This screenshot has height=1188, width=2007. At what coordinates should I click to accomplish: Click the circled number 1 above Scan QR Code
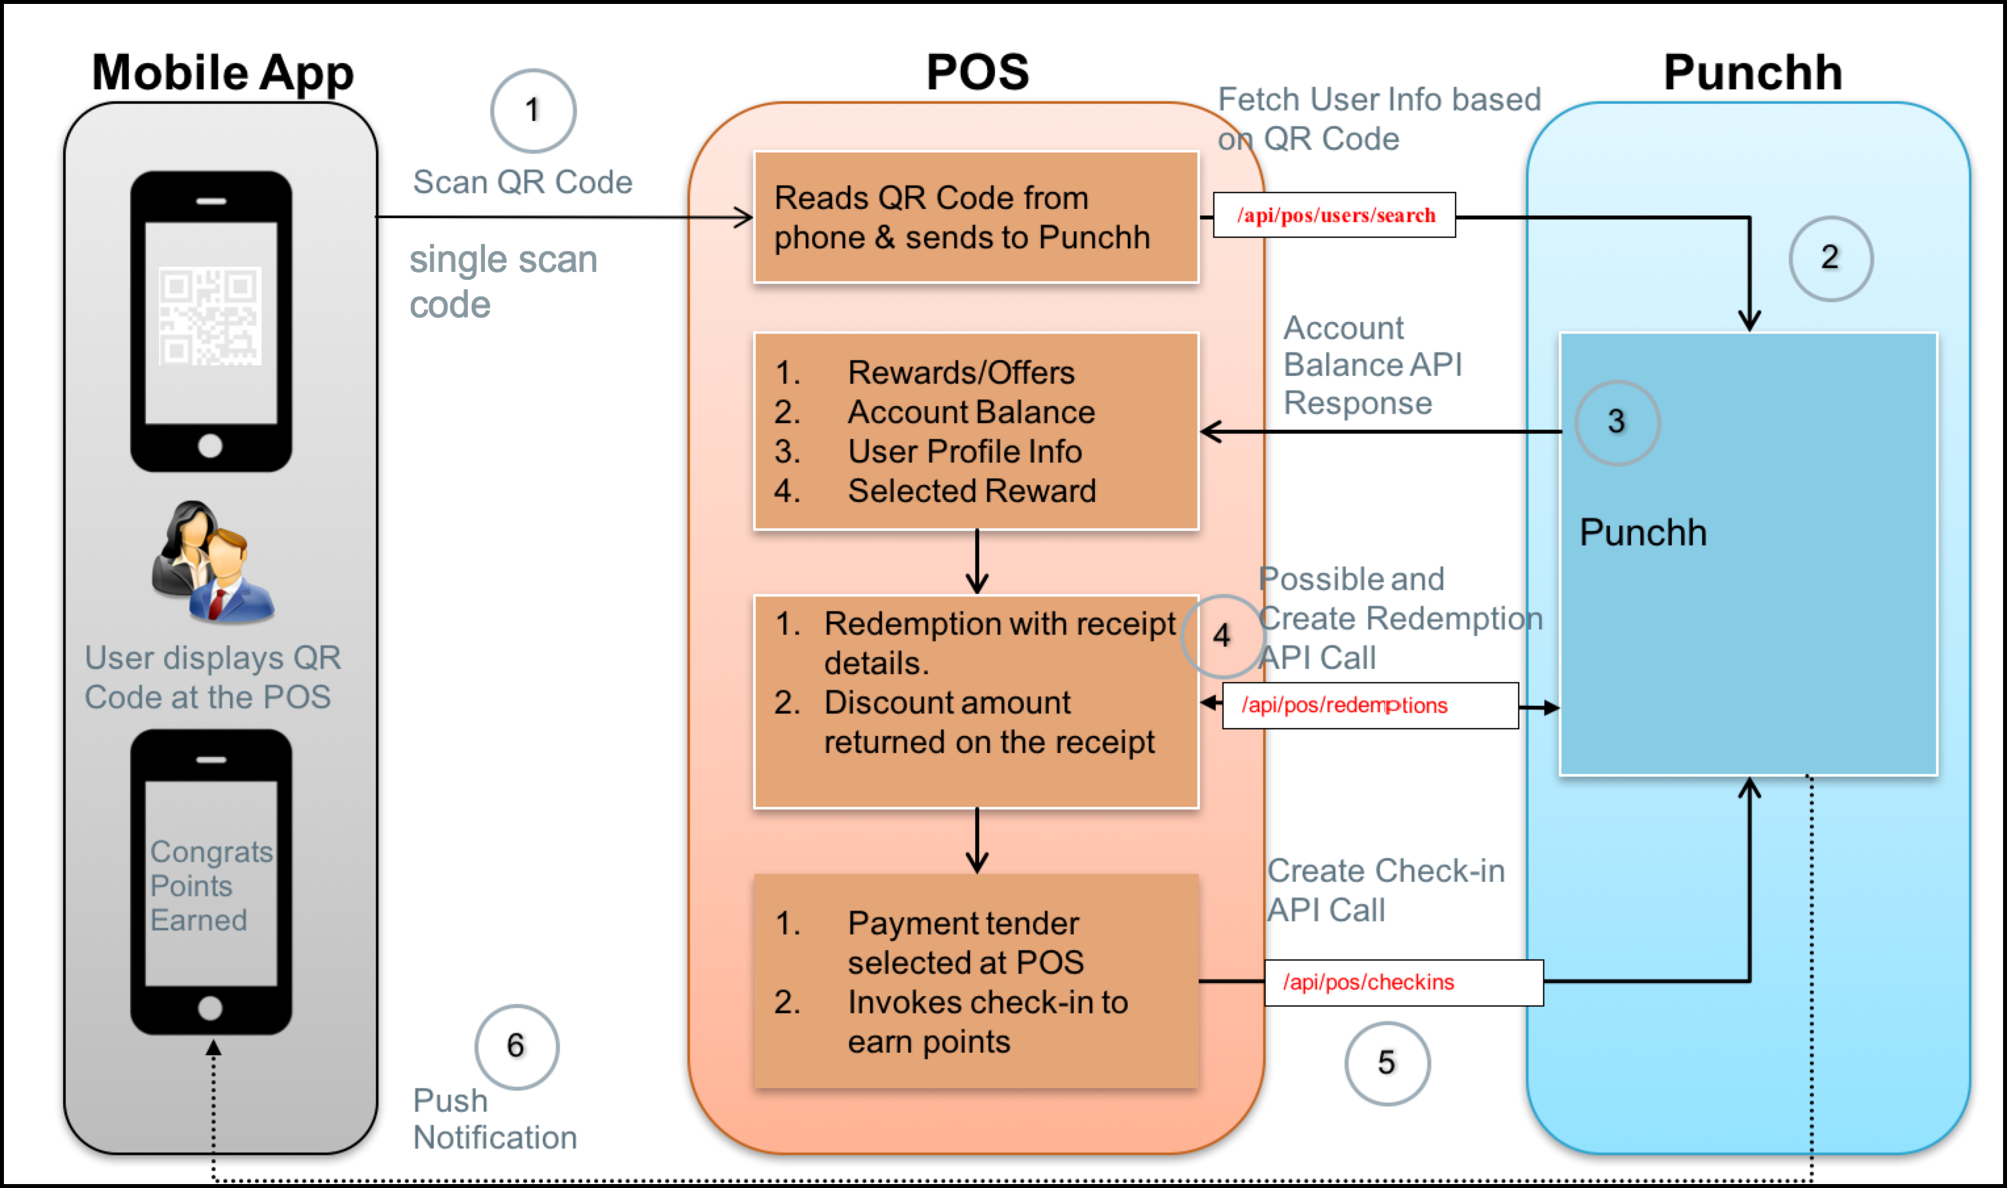[533, 110]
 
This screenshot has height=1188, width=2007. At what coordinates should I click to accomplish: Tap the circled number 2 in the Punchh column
[1830, 258]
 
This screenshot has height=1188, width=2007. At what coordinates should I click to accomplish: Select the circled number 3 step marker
[1617, 422]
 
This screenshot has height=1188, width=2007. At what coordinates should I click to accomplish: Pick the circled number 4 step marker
[1222, 635]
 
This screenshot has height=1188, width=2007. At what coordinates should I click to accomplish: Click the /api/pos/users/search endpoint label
[1335, 216]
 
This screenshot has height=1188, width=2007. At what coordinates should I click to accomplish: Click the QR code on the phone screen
[210, 316]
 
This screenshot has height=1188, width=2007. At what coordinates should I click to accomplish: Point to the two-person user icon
[213, 562]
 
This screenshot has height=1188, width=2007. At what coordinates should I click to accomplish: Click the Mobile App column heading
[223, 72]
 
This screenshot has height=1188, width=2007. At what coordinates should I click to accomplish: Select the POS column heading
[977, 72]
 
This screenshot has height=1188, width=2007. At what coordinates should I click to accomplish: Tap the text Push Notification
[494, 1119]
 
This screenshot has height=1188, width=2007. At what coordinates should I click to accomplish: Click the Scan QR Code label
[522, 183]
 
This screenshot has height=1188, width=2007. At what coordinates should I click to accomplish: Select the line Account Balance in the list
[970, 412]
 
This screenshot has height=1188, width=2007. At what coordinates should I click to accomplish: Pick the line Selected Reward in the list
[971, 491]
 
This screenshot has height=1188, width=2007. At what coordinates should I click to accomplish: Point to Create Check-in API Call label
[1386, 890]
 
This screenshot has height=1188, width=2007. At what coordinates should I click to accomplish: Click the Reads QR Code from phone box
[975, 217]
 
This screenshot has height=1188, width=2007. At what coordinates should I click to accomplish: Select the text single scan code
[503, 282]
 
